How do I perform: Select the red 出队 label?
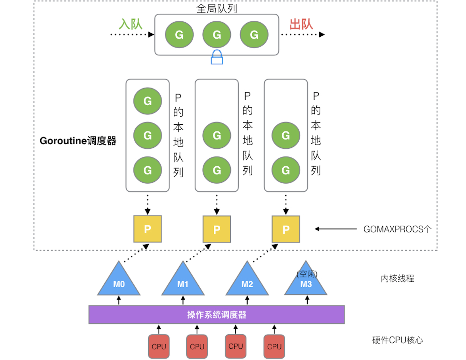[x=301, y=24]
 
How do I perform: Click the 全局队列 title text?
[x=217, y=9]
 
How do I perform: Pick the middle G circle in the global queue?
[x=217, y=35]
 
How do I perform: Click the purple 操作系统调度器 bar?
[x=217, y=315]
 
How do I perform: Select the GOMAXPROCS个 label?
[x=397, y=229]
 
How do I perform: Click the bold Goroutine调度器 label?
[x=78, y=141]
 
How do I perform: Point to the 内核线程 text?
[x=397, y=279]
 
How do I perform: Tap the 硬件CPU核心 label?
[x=397, y=340]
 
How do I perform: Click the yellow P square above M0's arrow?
[x=148, y=229]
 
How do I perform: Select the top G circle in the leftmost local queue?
[x=148, y=101]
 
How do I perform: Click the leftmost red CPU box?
[x=159, y=346]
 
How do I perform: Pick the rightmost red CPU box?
[x=274, y=346]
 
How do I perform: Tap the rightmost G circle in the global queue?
[x=254, y=35]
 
